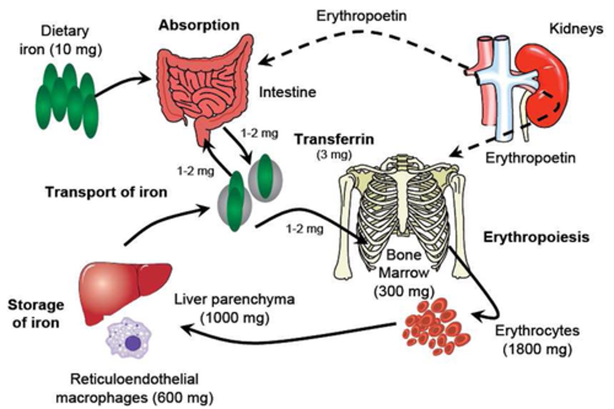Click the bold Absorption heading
pos(199,25)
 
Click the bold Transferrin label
pos(334,139)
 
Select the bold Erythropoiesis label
pos(536,237)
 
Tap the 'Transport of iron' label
pos(106,192)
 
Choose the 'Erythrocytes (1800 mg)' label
pos(537,339)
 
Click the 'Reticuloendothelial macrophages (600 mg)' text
pos(134,388)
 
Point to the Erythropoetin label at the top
pos(361,16)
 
